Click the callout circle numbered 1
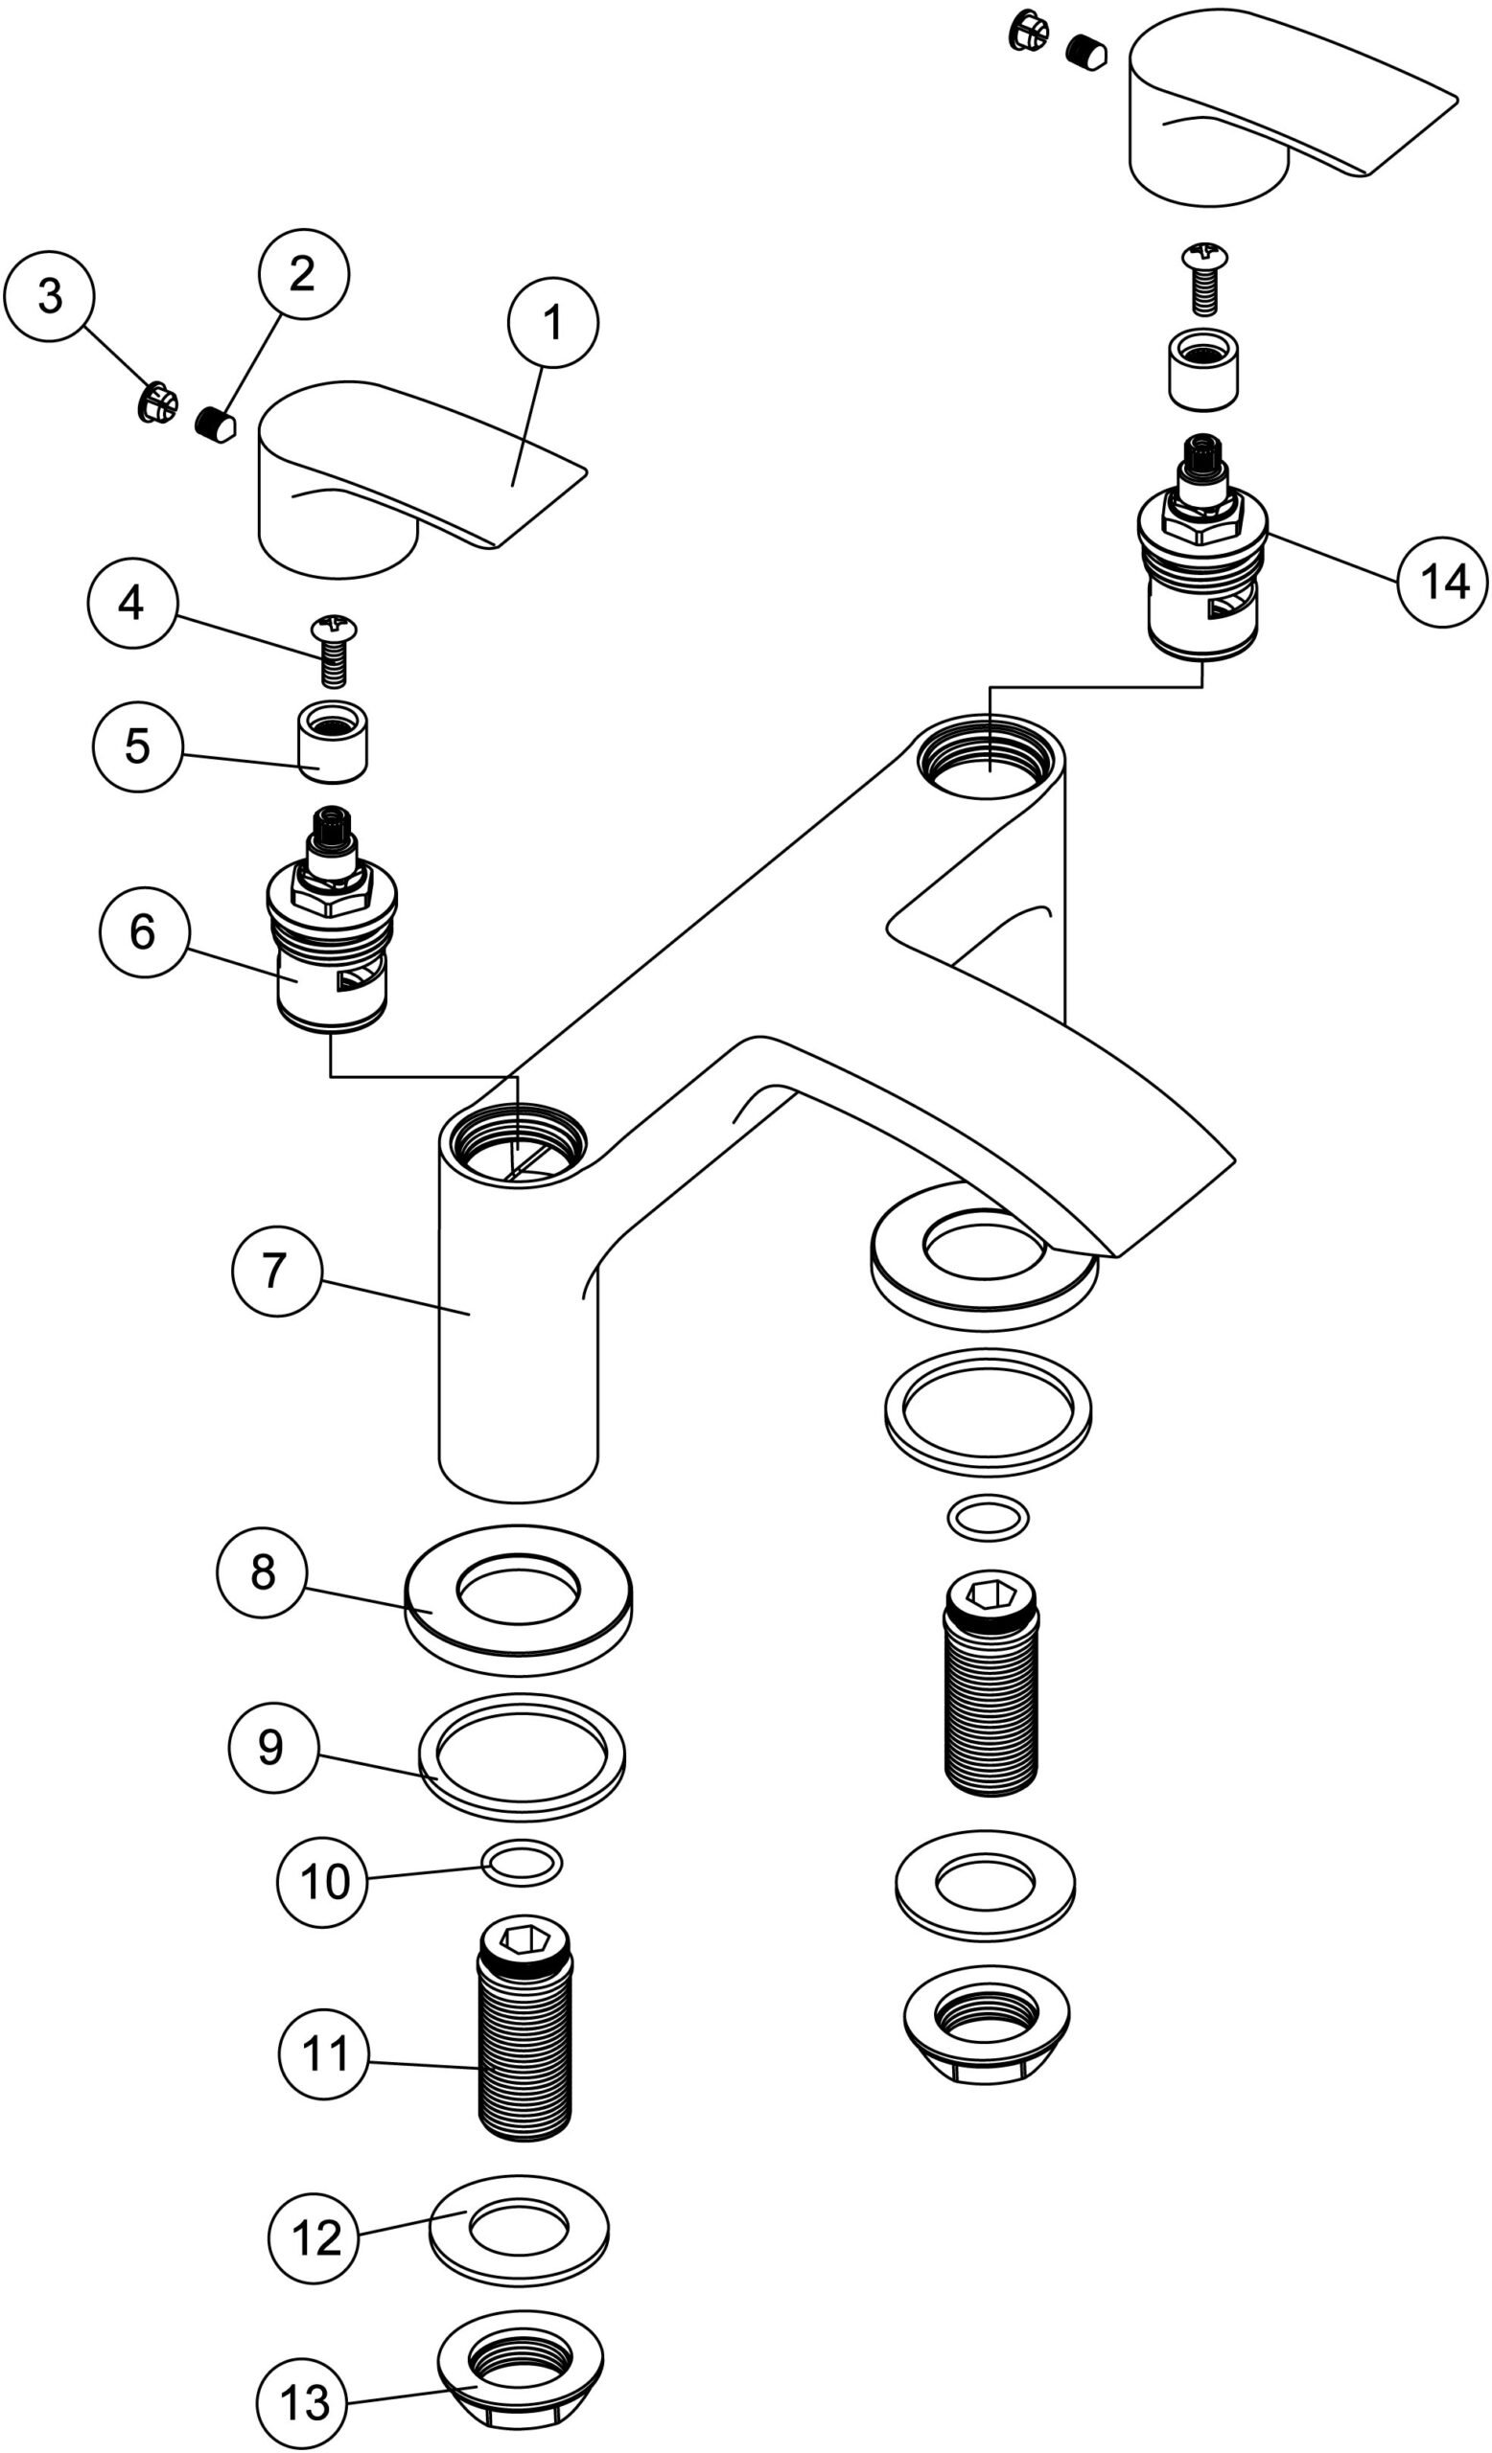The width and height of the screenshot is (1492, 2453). (x=552, y=322)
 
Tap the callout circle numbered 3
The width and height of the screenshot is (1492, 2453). (x=49, y=296)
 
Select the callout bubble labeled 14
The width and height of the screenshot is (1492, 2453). (x=1443, y=582)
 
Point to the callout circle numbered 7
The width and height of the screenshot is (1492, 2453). (x=276, y=1272)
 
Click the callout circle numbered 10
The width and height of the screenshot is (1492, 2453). (x=323, y=1882)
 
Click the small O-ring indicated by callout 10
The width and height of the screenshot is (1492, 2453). (x=521, y=1862)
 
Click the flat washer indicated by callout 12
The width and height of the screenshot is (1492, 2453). (x=519, y=2227)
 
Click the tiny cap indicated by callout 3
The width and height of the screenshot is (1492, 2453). (x=157, y=402)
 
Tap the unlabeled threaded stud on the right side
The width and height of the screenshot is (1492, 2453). (x=990, y=1692)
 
